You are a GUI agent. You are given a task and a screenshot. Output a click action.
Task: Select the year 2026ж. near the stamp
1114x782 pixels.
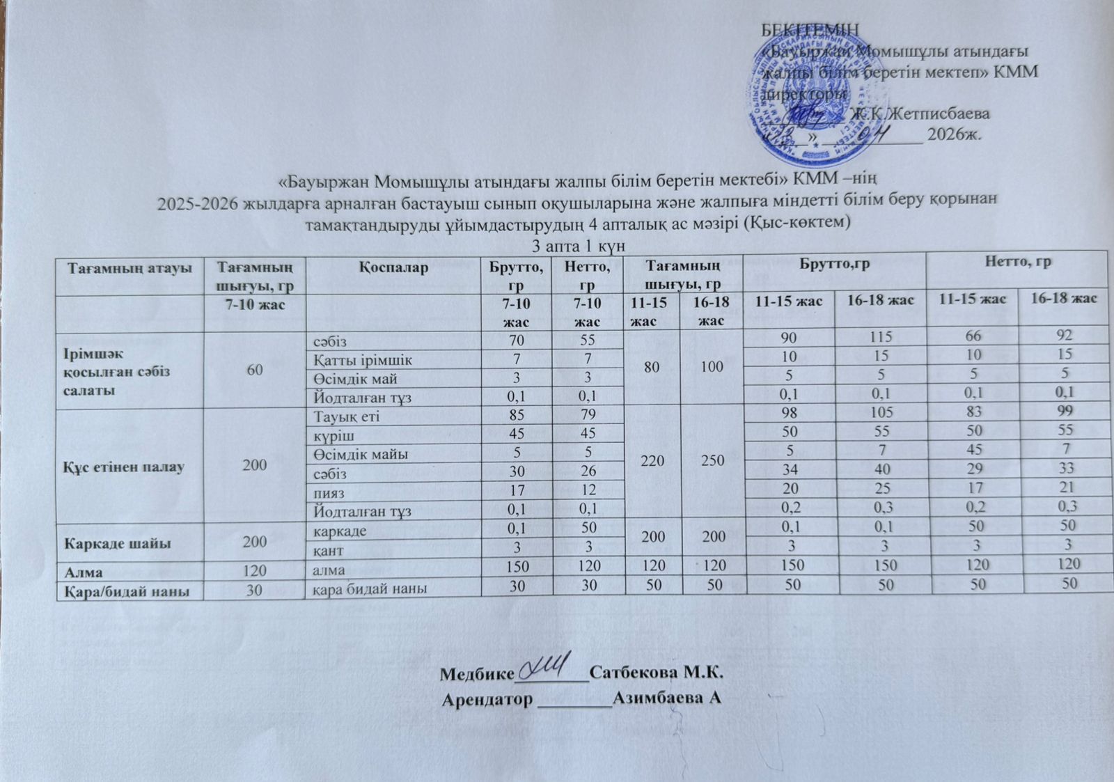click(x=954, y=134)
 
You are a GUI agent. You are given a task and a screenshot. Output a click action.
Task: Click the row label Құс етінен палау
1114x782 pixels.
click(x=124, y=466)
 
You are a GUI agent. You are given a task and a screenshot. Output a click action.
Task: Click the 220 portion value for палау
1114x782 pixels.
click(x=654, y=460)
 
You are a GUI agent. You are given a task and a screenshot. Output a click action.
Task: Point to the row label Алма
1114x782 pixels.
click(x=85, y=572)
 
